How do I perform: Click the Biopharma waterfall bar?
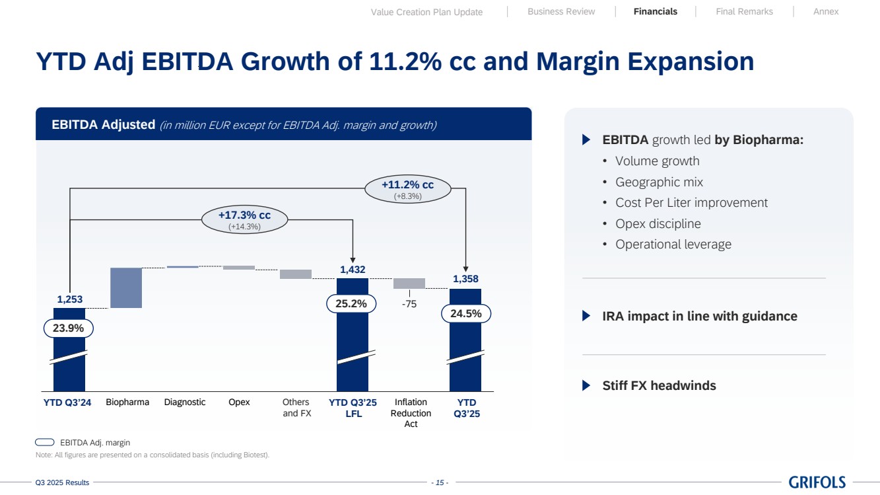pyautogui.click(x=125, y=287)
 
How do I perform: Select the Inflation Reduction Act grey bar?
pyautogui.click(x=409, y=283)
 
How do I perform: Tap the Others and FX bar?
pyautogui.click(x=295, y=274)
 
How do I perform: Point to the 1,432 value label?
pyautogui.click(x=353, y=270)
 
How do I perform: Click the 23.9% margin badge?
pyautogui.click(x=69, y=328)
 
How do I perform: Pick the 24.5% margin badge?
pyautogui.click(x=465, y=314)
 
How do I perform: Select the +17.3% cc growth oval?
pyautogui.click(x=244, y=220)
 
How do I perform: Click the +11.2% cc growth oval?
pyautogui.click(x=408, y=189)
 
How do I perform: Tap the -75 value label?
pyautogui.click(x=409, y=305)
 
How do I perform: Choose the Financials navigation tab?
pyautogui.click(x=655, y=12)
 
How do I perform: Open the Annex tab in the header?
pyautogui.click(x=826, y=12)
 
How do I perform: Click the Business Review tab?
pyautogui.click(x=561, y=12)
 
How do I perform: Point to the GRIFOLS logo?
pyautogui.click(x=817, y=482)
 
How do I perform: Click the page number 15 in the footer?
pyautogui.click(x=440, y=483)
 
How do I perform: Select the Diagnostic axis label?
pyautogui.click(x=185, y=402)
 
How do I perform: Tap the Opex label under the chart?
pyautogui.click(x=239, y=402)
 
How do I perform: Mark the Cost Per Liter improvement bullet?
pyautogui.click(x=691, y=203)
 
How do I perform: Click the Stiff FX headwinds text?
pyautogui.click(x=659, y=386)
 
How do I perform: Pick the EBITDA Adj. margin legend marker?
pyautogui.click(x=45, y=442)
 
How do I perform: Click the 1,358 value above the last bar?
pyautogui.click(x=465, y=280)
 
